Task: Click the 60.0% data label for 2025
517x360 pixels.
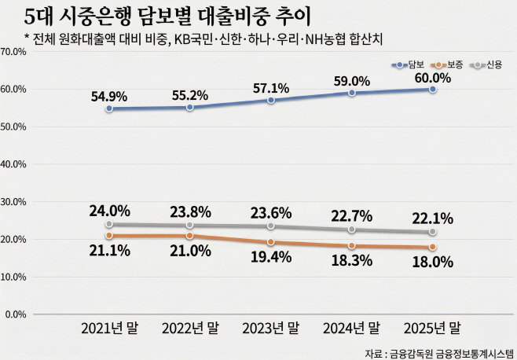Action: point(432,78)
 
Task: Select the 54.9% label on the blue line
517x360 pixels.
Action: point(108,96)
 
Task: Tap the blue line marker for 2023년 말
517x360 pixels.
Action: point(271,101)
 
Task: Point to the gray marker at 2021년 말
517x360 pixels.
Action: point(109,223)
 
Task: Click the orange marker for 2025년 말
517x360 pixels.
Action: point(433,247)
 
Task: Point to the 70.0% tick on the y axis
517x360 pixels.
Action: point(15,52)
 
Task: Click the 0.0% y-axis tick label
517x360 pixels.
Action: point(17,314)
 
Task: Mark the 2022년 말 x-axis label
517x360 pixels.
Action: point(190,328)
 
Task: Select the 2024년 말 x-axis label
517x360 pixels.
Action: point(351,328)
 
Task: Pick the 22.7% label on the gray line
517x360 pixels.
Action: point(352,214)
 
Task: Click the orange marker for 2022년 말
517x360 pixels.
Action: point(190,235)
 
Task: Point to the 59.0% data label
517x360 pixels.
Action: point(352,81)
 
